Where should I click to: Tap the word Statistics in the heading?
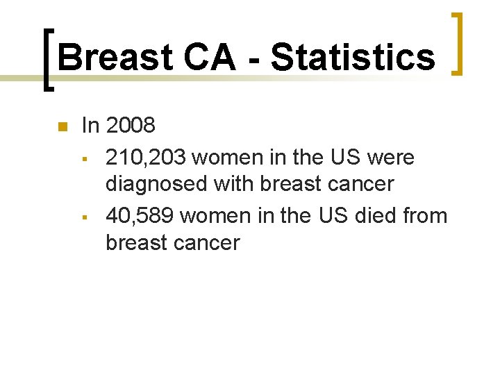click(x=353, y=57)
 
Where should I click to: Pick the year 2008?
click(x=131, y=126)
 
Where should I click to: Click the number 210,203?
click(x=146, y=158)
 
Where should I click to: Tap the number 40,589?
click(x=140, y=216)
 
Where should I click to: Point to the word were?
click(x=391, y=158)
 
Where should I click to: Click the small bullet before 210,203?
click(x=83, y=158)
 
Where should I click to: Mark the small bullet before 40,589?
click(x=83, y=217)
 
